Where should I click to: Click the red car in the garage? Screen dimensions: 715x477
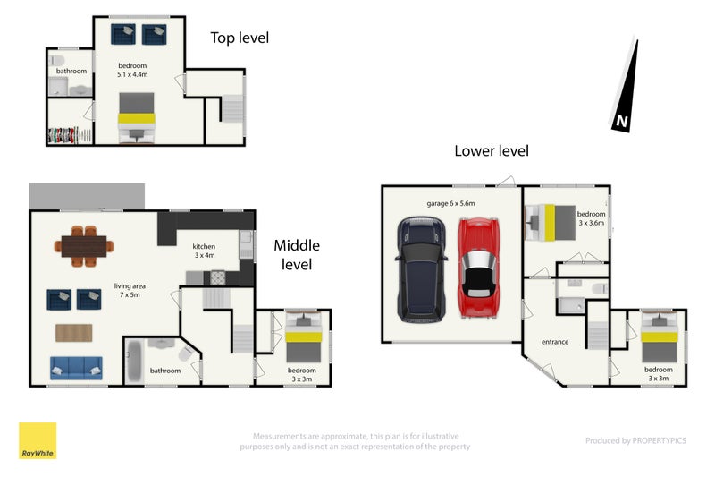coord(478,268)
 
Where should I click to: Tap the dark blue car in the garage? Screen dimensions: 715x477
coord(421,269)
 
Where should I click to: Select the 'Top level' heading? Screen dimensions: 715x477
coord(240,38)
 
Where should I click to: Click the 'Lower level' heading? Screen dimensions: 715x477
coord(492,150)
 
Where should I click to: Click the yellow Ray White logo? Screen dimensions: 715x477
coord(38,440)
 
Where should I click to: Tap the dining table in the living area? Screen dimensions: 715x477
coord(84,246)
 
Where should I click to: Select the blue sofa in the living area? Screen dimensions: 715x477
coord(76,368)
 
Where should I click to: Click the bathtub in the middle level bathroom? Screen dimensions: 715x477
coord(134,362)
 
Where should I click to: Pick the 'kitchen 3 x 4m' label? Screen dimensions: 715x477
coord(205,251)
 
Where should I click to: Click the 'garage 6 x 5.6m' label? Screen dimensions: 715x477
coord(450,203)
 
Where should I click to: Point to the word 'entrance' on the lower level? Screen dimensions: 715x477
coord(555,342)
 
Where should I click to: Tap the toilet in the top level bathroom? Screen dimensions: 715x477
coord(57,60)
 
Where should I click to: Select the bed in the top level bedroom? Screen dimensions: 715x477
coord(137,118)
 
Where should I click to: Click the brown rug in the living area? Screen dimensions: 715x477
coord(74,333)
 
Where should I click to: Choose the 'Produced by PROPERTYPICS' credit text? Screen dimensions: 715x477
coord(635,440)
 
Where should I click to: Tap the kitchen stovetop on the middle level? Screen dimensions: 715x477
coord(217,277)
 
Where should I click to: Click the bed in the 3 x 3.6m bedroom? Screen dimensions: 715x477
coord(551,223)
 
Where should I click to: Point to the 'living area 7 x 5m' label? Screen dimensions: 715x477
coord(130,290)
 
